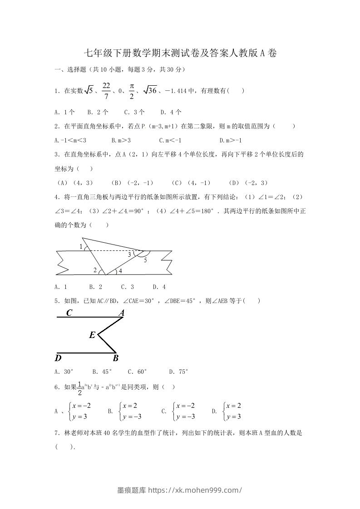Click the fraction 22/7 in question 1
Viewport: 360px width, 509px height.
coord(106,91)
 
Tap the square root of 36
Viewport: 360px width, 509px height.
coord(150,91)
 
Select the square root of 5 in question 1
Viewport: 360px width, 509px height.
coord(89,91)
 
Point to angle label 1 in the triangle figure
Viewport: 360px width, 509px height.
coord(81,247)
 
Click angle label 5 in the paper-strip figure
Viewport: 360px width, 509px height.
coord(145,260)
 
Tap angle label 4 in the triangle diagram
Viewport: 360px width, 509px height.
coord(120,271)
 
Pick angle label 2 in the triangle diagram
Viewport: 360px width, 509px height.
coord(95,270)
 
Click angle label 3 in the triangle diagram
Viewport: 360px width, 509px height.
coord(129,255)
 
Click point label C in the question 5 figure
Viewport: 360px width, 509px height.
coord(69,313)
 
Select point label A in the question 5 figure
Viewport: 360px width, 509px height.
coord(121,313)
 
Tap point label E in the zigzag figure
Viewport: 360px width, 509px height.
coord(92,335)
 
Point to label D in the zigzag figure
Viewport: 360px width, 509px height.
coord(58,358)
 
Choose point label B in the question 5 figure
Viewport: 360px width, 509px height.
coord(115,358)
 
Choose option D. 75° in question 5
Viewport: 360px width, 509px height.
coord(178,372)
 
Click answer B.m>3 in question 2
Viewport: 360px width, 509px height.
coord(121,140)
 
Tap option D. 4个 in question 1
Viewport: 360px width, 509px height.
coord(171,112)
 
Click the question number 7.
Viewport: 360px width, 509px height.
coord(56,433)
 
